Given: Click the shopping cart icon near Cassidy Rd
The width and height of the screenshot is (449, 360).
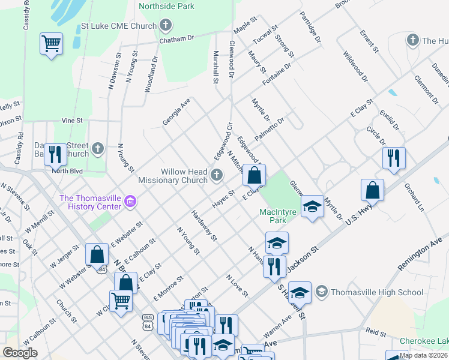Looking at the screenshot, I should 52,44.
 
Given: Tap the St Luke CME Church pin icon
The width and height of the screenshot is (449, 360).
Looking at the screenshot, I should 166,26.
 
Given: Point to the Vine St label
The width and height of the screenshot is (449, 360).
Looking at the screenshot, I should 72,121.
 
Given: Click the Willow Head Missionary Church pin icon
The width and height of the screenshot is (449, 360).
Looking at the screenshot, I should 217,175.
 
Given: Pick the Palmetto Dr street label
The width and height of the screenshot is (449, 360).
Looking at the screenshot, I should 269,130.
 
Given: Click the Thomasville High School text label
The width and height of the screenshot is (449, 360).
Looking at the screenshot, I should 369,292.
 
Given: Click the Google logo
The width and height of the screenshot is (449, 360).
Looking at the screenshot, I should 20,352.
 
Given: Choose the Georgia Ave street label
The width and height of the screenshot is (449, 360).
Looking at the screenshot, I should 176,112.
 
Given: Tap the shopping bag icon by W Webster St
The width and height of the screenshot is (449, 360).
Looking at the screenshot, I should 97,254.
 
